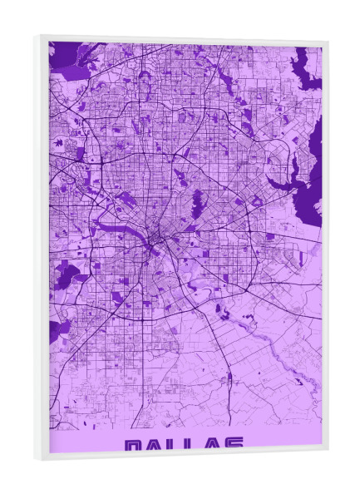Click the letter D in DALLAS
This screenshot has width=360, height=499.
tap(133, 446)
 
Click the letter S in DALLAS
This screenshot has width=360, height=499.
tap(235, 446)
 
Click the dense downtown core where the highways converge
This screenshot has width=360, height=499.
tap(158, 242)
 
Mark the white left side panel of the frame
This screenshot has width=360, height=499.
tap(42, 249)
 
